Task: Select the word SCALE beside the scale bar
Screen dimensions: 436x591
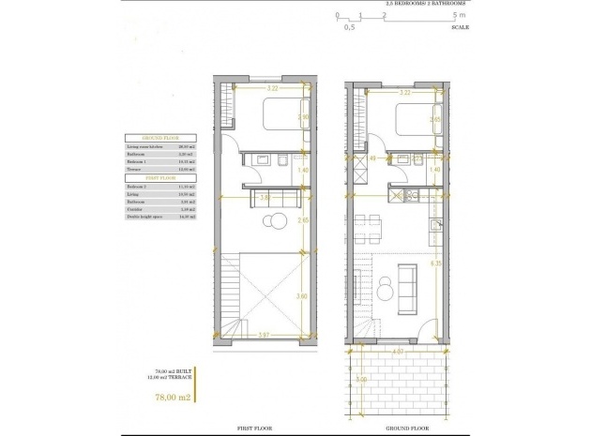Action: pos(460,27)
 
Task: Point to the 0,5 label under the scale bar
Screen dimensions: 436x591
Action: pos(349,28)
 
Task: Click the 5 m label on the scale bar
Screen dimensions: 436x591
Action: pos(457,16)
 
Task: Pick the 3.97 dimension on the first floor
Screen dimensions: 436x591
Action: pos(265,335)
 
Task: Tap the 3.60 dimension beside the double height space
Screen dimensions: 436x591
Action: pos(301,295)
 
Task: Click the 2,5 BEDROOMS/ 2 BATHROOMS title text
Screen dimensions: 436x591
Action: pos(421,5)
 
